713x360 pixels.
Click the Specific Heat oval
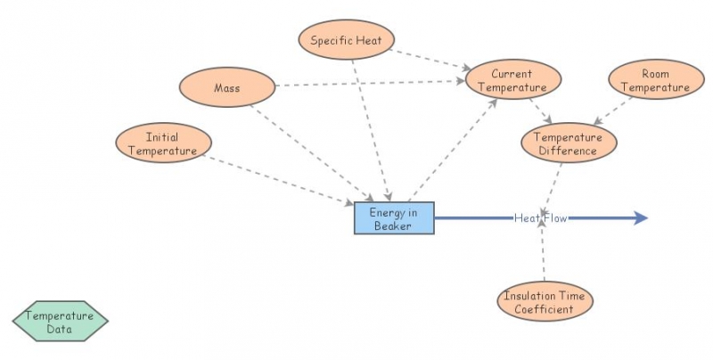[x=346, y=40]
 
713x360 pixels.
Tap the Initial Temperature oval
[x=162, y=144]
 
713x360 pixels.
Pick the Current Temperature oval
[x=512, y=81]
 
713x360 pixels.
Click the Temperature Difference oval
[x=568, y=144]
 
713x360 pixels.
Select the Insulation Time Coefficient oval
[x=545, y=302]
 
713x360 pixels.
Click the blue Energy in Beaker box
[x=394, y=218]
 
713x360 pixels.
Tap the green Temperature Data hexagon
[x=60, y=322]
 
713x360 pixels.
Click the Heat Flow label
[x=539, y=217]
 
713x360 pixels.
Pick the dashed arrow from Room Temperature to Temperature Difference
[x=613, y=110]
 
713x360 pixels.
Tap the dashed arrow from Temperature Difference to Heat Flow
[x=553, y=185]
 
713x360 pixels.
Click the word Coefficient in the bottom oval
[x=545, y=309]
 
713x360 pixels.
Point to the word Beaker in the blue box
[x=393, y=226]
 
